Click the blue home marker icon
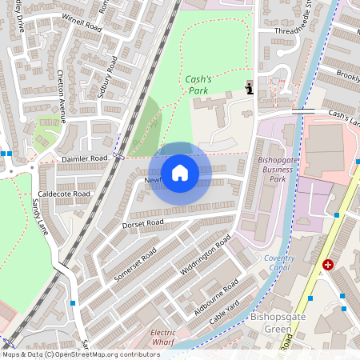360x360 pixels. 180,173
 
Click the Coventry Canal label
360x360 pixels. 279,263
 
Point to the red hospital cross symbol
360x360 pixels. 328,264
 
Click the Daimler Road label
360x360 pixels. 84,159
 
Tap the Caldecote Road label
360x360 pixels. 64,194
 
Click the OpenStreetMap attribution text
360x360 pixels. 81,354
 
